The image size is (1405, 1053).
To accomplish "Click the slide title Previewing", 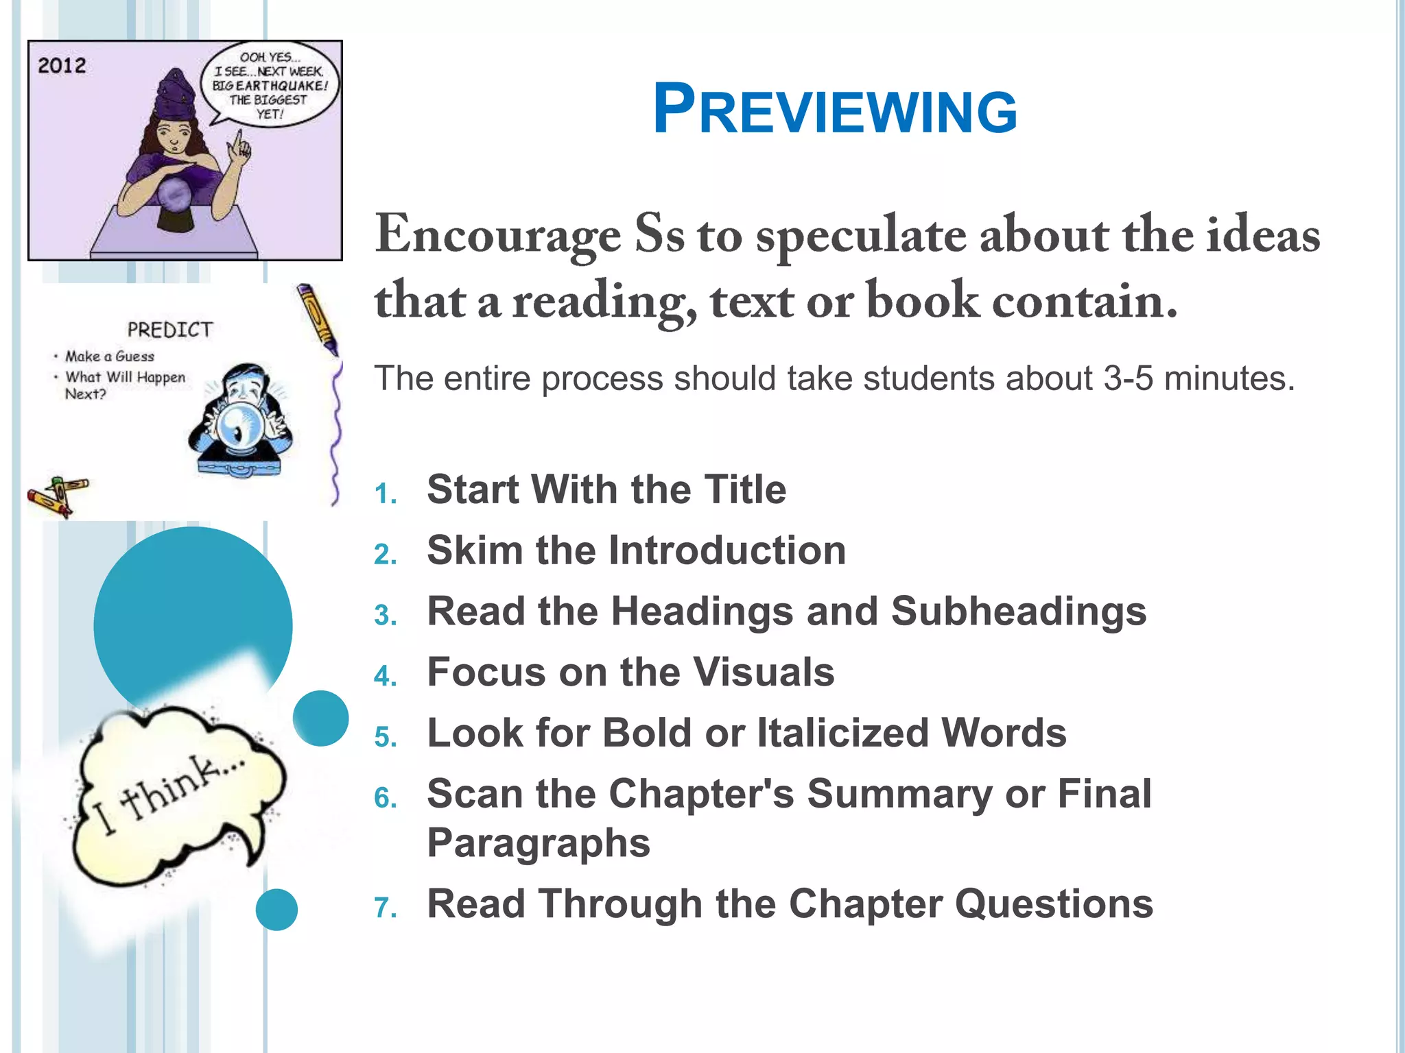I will click(x=834, y=110).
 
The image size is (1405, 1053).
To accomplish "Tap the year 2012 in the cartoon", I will click(x=62, y=66).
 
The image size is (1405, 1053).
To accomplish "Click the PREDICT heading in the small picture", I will click(x=169, y=330).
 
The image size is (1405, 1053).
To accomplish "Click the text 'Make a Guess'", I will click(x=109, y=356).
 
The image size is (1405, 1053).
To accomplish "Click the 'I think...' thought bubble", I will click(x=175, y=795).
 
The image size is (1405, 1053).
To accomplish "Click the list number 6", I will click(x=385, y=798).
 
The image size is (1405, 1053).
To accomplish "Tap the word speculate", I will click(x=862, y=235).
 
